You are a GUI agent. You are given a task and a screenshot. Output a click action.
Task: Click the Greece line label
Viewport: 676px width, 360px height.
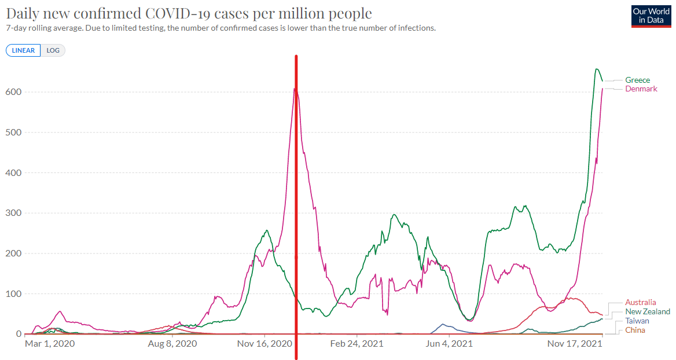(637, 80)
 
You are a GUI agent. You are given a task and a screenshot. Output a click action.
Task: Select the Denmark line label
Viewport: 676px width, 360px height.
(641, 89)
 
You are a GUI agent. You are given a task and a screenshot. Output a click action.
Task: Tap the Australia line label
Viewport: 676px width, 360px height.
(641, 302)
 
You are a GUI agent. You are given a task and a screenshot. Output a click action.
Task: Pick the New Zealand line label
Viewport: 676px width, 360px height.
(648, 311)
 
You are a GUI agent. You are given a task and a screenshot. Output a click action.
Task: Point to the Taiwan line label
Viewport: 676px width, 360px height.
(637, 321)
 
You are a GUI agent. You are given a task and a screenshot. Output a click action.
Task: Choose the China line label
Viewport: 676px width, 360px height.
(635, 330)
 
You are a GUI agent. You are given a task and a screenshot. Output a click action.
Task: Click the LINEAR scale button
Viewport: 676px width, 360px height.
(23, 50)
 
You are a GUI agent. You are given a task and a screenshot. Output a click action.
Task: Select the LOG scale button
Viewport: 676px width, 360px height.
(53, 50)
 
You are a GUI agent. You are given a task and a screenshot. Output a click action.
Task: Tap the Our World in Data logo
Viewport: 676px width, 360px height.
(651, 16)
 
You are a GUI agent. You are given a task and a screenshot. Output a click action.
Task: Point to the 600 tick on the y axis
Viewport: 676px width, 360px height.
(14, 91)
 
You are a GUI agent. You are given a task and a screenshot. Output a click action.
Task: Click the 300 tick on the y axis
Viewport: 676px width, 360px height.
(14, 213)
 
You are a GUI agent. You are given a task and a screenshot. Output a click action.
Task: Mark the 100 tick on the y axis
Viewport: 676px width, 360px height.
(14, 294)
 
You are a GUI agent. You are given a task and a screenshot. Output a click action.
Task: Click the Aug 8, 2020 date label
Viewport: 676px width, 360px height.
(172, 344)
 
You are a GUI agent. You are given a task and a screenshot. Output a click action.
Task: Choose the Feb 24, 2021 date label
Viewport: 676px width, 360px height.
(357, 344)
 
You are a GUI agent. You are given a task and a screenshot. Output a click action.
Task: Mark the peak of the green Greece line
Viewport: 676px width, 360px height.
(596, 69)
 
